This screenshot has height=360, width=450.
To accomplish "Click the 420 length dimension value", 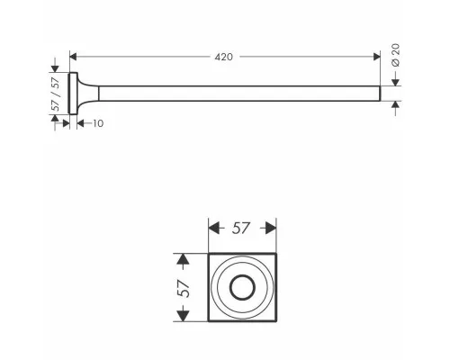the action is point(223,57).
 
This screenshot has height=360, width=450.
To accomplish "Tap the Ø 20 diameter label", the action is point(396,55).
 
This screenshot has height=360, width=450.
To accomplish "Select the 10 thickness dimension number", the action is point(98,123).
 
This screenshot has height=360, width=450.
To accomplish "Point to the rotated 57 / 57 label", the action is point(56,94).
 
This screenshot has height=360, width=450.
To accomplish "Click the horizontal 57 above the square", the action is point(240,229).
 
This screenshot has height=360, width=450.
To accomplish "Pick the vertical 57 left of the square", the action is point(184,288).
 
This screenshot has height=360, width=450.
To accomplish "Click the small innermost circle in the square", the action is point(242,287).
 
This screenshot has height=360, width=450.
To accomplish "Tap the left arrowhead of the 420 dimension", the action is point(73,57).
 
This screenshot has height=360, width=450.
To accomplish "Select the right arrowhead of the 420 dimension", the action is point(377,57).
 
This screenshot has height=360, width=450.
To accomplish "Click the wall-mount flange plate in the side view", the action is point(73,94).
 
